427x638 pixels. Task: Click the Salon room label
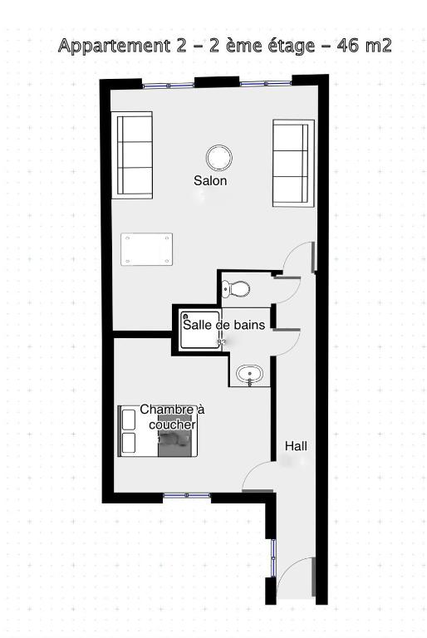[210, 180]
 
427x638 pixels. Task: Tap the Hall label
[296, 446]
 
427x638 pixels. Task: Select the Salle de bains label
[223, 325]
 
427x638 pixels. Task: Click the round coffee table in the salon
[219, 158]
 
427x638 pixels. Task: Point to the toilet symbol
[236, 289]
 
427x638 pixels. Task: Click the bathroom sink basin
[250, 374]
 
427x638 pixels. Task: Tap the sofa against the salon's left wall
[132, 155]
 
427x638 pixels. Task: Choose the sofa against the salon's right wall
[293, 163]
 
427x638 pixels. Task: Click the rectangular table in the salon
[146, 249]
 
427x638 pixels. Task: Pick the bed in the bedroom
[158, 431]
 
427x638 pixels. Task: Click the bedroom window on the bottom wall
[187, 495]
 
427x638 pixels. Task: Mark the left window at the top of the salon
[169, 86]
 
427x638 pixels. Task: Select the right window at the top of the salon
[266, 83]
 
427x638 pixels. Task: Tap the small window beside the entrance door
[273, 558]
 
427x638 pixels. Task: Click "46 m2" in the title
[364, 45]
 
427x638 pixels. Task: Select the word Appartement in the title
[115, 46]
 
